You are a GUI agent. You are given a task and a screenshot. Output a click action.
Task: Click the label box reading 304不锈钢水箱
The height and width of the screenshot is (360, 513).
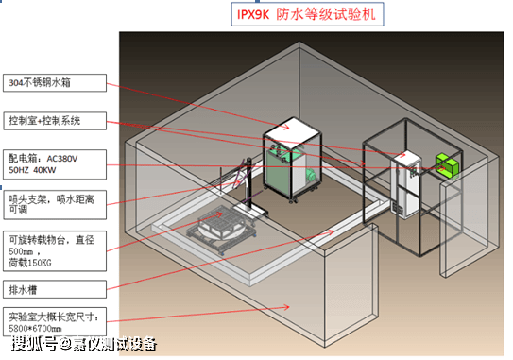coord(47,81)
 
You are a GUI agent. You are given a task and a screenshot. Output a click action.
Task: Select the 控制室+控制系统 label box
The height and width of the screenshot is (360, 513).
coord(47,121)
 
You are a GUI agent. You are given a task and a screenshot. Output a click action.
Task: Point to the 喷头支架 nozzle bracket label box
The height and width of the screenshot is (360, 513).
coord(47,205)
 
